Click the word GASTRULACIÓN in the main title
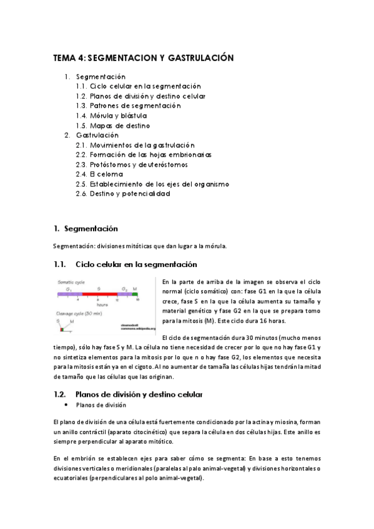pyautogui.click(x=200, y=58)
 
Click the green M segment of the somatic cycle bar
pyautogui.click(x=135, y=293)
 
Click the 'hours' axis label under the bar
pyautogui.click(x=94, y=304)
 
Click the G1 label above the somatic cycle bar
pyautogui.click(x=69, y=288)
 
